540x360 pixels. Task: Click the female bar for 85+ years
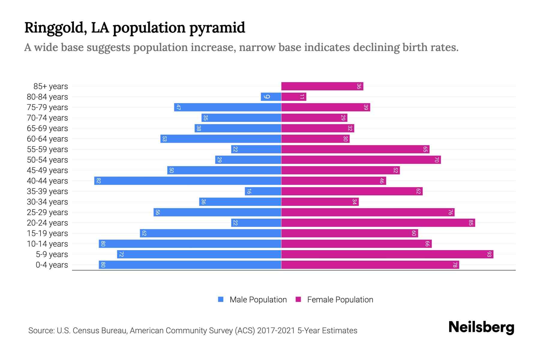(x=322, y=86)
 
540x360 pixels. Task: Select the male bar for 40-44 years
(x=187, y=181)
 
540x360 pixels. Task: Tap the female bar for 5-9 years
(x=387, y=254)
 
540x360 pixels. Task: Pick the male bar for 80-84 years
(x=271, y=97)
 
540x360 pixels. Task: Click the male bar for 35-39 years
(x=263, y=191)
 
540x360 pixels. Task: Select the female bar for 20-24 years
(x=378, y=223)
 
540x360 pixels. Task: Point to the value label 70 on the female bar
(x=436, y=160)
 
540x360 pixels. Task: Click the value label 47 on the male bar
(x=178, y=107)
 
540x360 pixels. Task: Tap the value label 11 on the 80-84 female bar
(x=302, y=97)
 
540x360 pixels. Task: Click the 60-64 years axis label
(x=47, y=139)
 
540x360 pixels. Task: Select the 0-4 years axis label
(x=52, y=265)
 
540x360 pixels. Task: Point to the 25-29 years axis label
(x=47, y=212)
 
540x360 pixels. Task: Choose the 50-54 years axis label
(x=47, y=160)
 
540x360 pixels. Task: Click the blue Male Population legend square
(x=221, y=299)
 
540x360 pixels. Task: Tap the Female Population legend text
(x=340, y=300)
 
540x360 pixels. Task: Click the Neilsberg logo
(x=481, y=327)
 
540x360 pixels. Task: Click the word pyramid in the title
(x=217, y=28)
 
